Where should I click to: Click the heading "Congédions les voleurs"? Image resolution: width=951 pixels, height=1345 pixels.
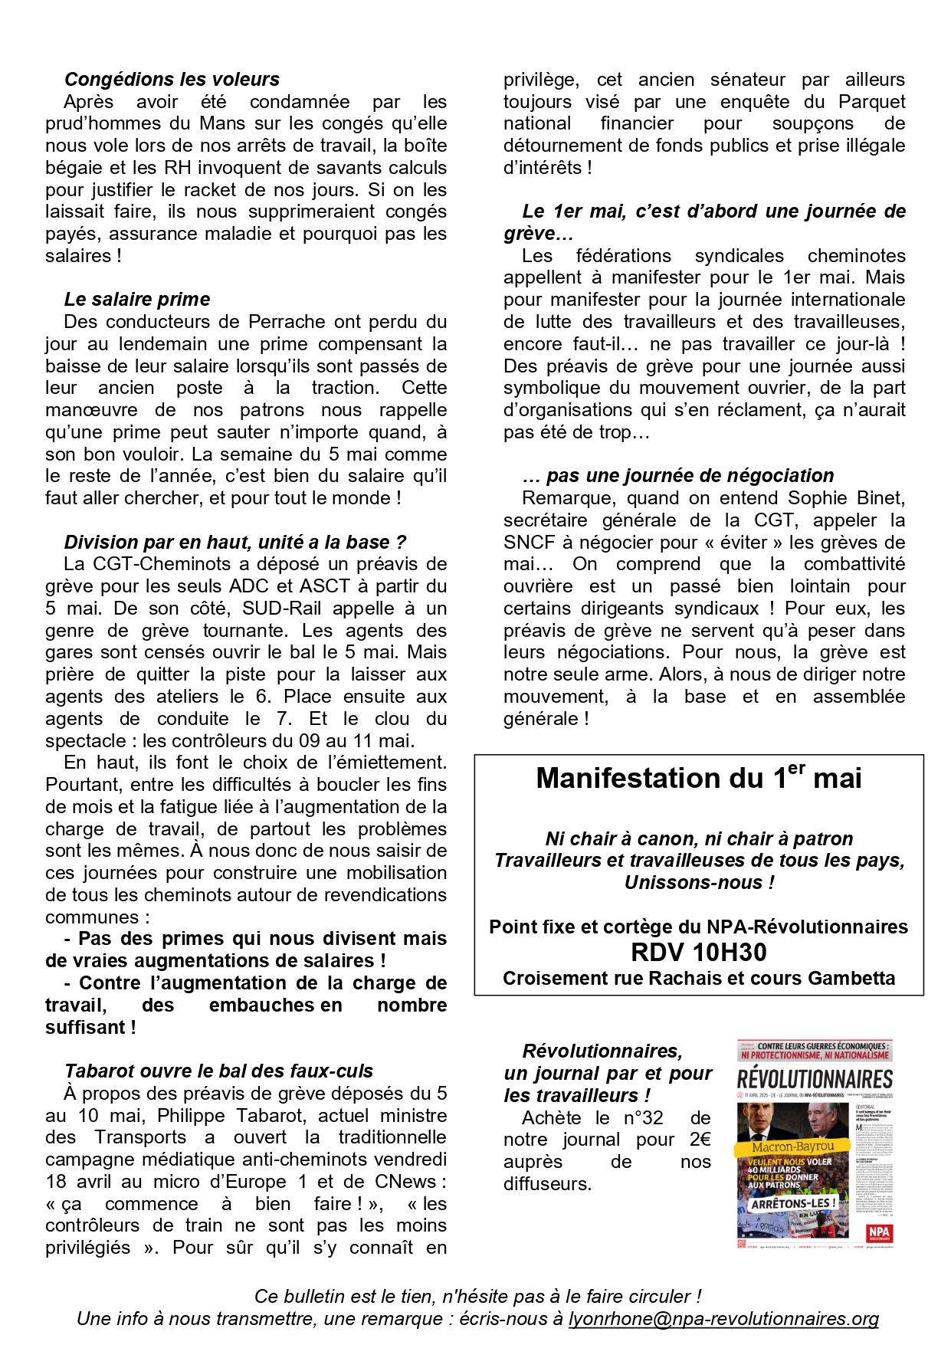(x=172, y=80)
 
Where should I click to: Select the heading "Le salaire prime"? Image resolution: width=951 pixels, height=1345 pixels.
(x=136, y=300)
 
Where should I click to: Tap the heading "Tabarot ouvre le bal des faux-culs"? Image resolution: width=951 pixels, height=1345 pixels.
(x=218, y=1071)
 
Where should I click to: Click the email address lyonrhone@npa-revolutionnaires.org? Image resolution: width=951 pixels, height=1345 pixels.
(x=723, y=1319)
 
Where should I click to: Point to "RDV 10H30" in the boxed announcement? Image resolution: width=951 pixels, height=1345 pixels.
(x=698, y=953)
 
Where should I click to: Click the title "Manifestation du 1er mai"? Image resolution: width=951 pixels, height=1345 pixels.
(x=698, y=778)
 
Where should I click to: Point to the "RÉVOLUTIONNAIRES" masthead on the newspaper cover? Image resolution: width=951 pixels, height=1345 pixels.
(x=815, y=1080)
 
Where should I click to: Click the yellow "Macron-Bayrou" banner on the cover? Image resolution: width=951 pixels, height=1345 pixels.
(x=792, y=1147)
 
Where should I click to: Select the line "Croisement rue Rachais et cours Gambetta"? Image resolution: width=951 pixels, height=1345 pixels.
(x=698, y=979)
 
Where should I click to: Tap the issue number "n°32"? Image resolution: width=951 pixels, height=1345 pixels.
(x=641, y=1118)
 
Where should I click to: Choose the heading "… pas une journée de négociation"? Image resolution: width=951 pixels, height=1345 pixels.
(x=677, y=476)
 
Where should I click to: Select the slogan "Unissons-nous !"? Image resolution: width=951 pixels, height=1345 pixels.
(x=699, y=883)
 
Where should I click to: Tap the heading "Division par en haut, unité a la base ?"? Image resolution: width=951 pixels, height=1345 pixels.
(x=235, y=543)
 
